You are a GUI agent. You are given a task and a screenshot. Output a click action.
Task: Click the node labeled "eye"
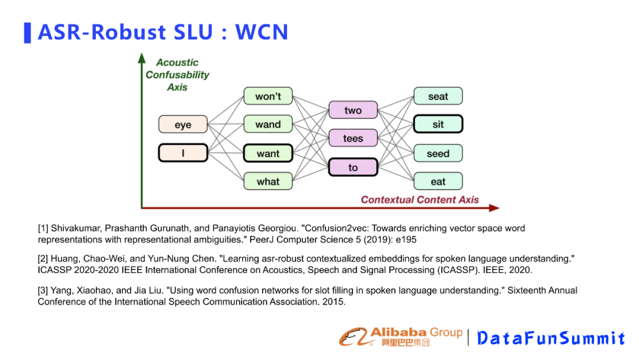tap(183, 125)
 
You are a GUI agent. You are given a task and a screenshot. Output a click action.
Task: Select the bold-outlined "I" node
tap(183, 153)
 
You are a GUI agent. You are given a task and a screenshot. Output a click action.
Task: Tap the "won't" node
tap(268, 97)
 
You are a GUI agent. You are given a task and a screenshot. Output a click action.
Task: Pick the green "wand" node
tap(268, 124)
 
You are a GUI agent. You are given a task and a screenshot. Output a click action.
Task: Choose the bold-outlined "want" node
tap(268, 153)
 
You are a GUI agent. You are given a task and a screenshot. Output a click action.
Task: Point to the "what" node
tap(268, 181)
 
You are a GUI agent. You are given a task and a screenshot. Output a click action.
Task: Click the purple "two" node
tap(353, 110)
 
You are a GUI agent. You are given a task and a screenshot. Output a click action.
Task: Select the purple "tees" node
tap(353, 139)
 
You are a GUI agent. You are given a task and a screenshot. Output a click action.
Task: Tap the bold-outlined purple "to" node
tap(353, 167)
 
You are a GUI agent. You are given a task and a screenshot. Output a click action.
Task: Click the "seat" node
tap(438, 97)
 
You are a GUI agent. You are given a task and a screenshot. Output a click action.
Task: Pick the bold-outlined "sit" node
tap(438, 124)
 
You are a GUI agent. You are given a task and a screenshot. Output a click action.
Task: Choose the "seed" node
tap(438, 153)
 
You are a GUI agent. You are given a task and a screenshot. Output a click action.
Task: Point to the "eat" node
tap(438, 181)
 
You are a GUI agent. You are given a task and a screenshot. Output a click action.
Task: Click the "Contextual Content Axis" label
tap(419, 200)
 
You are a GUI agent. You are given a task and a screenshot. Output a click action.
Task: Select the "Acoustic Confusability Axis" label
tap(177, 75)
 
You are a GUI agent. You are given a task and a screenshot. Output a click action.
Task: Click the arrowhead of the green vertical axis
tap(141, 58)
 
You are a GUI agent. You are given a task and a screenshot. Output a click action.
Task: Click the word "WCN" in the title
tap(262, 32)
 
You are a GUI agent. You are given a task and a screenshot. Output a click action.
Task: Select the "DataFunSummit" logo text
tap(551, 338)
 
